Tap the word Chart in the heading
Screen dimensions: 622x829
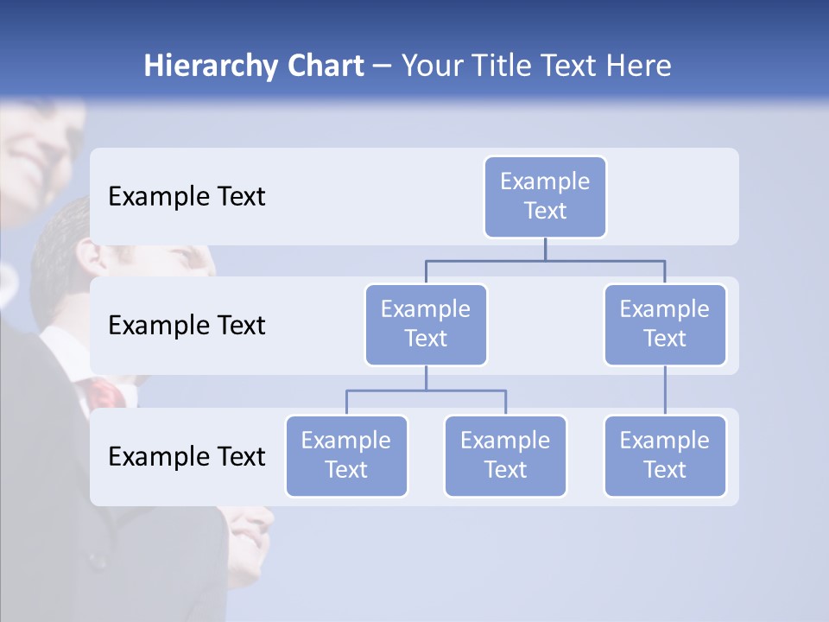pos(325,67)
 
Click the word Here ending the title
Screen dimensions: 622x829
pos(635,67)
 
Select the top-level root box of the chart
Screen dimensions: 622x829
pos(545,196)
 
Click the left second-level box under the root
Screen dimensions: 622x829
pos(426,324)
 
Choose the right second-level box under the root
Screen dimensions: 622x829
pos(665,324)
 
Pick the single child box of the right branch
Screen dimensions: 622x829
pos(665,455)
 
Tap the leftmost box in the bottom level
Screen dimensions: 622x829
pos(346,455)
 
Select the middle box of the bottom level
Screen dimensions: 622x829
pos(505,455)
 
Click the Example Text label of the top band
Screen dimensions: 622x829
pos(187,196)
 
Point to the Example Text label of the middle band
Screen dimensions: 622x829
pos(187,325)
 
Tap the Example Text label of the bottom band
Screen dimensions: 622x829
pos(187,456)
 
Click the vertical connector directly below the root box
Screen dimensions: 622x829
pos(545,249)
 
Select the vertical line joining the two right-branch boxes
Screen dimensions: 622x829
pos(665,390)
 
